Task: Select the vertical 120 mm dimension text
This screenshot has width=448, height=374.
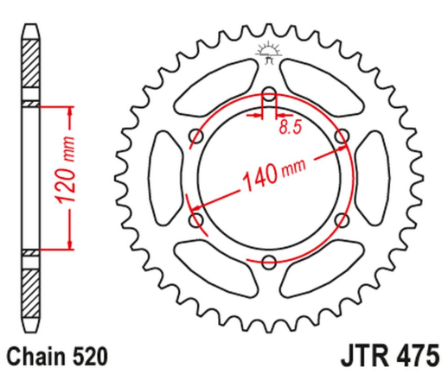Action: pos(70,176)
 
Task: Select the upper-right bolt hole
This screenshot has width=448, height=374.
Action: pos(340,136)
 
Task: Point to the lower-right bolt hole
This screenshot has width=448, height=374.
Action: pos(340,220)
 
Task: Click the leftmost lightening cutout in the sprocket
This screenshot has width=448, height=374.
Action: pos(165,178)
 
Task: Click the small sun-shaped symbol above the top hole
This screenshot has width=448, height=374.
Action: pos(267,54)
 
